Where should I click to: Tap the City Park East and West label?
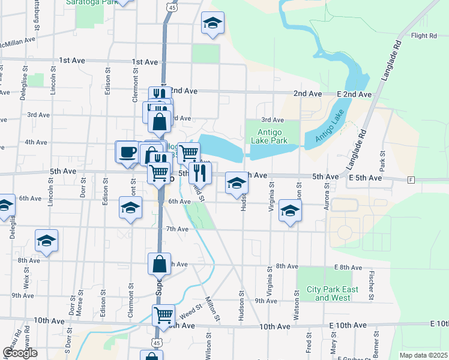tap(333, 293)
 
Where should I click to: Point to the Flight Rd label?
tap(424, 36)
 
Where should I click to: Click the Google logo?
tap(20, 352)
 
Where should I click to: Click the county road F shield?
tap(411, 179)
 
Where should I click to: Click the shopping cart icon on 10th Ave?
tap(163, 314)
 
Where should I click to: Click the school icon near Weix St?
tap(46, 241)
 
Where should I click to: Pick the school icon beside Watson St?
tap(290, 211)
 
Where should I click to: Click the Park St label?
tap(382, 160)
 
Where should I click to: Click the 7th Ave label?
tap(178, 229)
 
